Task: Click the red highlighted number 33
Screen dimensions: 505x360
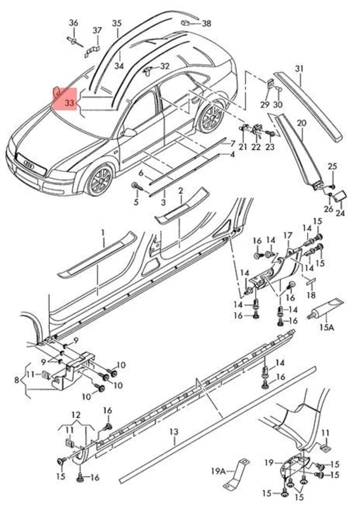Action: tap(69, 103)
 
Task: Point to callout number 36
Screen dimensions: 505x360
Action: tap(74, 23)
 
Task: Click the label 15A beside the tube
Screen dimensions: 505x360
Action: tap(327, 327)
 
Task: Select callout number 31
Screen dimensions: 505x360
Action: tap(299, 68)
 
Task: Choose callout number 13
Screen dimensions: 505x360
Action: tap(174, 432)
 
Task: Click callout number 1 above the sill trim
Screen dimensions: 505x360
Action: tap(103, 232)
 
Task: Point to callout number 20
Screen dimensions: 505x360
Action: tap(301, 123)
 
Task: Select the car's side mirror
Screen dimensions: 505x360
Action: tap(128, 133)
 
